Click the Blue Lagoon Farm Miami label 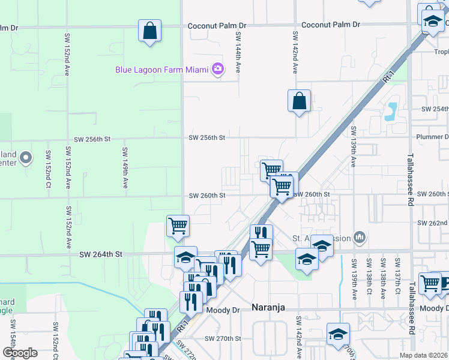tap(162, 70)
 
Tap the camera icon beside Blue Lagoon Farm tap(217, 70)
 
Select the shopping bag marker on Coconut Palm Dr tap(149, 31)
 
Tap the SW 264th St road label tap(101, 254)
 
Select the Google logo tap(20, 353)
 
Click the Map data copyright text tap(423, 355)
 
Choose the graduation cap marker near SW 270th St tap(338, 334)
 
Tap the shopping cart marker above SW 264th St tap(178, 226)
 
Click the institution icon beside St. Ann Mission tap(360, 238)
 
